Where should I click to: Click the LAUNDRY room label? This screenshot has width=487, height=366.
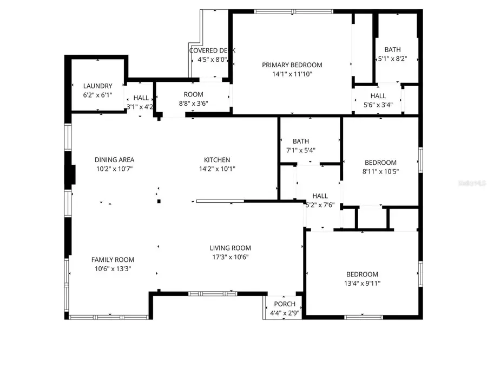tap(97, 86)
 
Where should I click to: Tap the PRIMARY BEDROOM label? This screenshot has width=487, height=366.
tap(292, 65)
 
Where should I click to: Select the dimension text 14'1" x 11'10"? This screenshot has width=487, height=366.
tap(292, 74)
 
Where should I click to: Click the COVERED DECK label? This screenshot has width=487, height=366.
tap(212, 50)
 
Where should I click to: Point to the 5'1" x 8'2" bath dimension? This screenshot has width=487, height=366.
tap(392, 59)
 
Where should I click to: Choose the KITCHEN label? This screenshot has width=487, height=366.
tap(217, 160)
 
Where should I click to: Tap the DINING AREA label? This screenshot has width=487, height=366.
tap(114, 160)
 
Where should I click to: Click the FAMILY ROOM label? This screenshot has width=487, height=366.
tap(113, 260)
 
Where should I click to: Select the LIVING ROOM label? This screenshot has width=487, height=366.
tap(231, 248)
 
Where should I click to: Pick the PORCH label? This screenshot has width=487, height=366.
tap(285, 304)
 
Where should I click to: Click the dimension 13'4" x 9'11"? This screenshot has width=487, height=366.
tap(356, 284)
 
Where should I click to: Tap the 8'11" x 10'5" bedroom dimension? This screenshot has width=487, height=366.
tap(380, 171)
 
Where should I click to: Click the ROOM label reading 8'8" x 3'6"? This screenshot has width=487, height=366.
tap(193, 94)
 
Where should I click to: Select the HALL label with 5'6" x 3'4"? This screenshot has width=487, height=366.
tap(378, 95)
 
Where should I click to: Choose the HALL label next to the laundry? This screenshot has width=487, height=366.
tap(141, 98)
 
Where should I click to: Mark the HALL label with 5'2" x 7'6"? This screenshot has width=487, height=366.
tap(320, 196)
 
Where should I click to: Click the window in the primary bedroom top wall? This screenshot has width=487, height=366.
tap(293, 10)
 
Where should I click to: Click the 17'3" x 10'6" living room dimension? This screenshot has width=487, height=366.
tap(231, 258)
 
